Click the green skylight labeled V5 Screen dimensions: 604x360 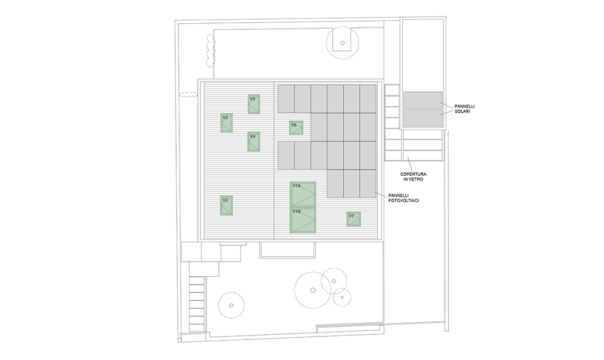tap(254, 104)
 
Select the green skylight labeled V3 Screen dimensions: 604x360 tap(227, 123)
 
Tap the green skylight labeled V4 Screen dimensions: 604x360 tap(254, 142)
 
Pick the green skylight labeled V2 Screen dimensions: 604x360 tap(227, 205)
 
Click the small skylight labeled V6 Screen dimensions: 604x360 tap(296, 128)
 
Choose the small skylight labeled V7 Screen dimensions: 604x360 tap(353, 219)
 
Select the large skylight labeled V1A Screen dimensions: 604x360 tap(303, 195)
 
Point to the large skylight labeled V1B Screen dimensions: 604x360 tap(303, 221)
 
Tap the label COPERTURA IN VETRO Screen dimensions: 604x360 tap(413, 177)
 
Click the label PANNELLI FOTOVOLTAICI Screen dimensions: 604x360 tap(404, 198)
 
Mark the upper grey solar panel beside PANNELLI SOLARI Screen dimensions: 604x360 tap(423, 100)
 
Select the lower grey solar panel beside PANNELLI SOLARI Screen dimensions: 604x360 tap(423, 118)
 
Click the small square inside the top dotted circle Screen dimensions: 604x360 tap(342, 43)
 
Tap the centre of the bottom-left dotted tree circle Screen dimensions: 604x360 tap(231, 305)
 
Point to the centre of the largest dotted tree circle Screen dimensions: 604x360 tap(313, 290)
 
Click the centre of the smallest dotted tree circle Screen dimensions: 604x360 tap(342, 297)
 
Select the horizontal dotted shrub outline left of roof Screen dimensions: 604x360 tap(189, 95)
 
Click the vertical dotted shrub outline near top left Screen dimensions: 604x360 tap(210, 51)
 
